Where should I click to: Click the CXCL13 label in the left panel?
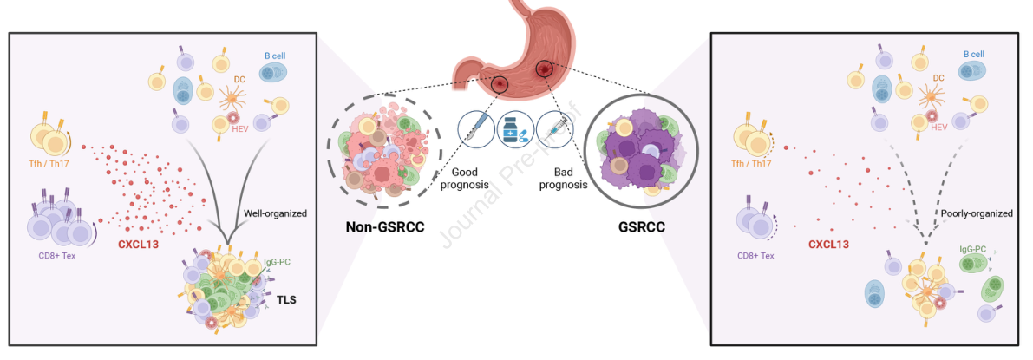point(143,244)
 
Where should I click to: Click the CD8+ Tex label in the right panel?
point(755,256)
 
